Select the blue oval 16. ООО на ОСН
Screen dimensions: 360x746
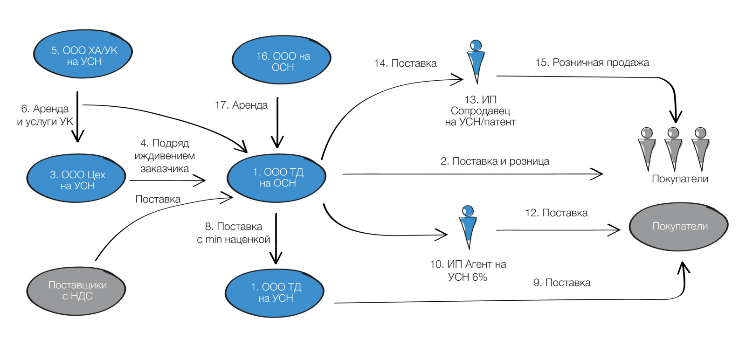pos(282,61)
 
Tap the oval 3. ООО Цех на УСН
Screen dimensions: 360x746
pos(76,179)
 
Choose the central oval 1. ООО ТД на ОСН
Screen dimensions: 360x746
pos(277,178)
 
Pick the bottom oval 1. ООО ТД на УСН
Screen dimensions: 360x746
pos(275,293)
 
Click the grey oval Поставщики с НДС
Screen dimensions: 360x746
pos(76,291)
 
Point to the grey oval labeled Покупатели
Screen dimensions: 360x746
pos(679,227)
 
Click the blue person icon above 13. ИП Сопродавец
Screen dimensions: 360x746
pos(476,61)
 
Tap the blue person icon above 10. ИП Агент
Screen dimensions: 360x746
pos(468,227)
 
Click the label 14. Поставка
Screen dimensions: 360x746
pos(405,63)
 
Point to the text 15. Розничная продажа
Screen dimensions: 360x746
pos(592,62)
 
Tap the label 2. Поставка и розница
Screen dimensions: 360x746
pos(495,161)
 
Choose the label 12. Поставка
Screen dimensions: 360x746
pos(556,213)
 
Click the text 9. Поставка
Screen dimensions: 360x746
pos(562,283)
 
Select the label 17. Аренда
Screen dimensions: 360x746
pos(241,105)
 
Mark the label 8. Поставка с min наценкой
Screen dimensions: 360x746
pos(234,233)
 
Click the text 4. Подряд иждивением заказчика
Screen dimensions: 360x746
pos(165,156)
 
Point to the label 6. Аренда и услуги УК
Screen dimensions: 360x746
pos(45,115)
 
